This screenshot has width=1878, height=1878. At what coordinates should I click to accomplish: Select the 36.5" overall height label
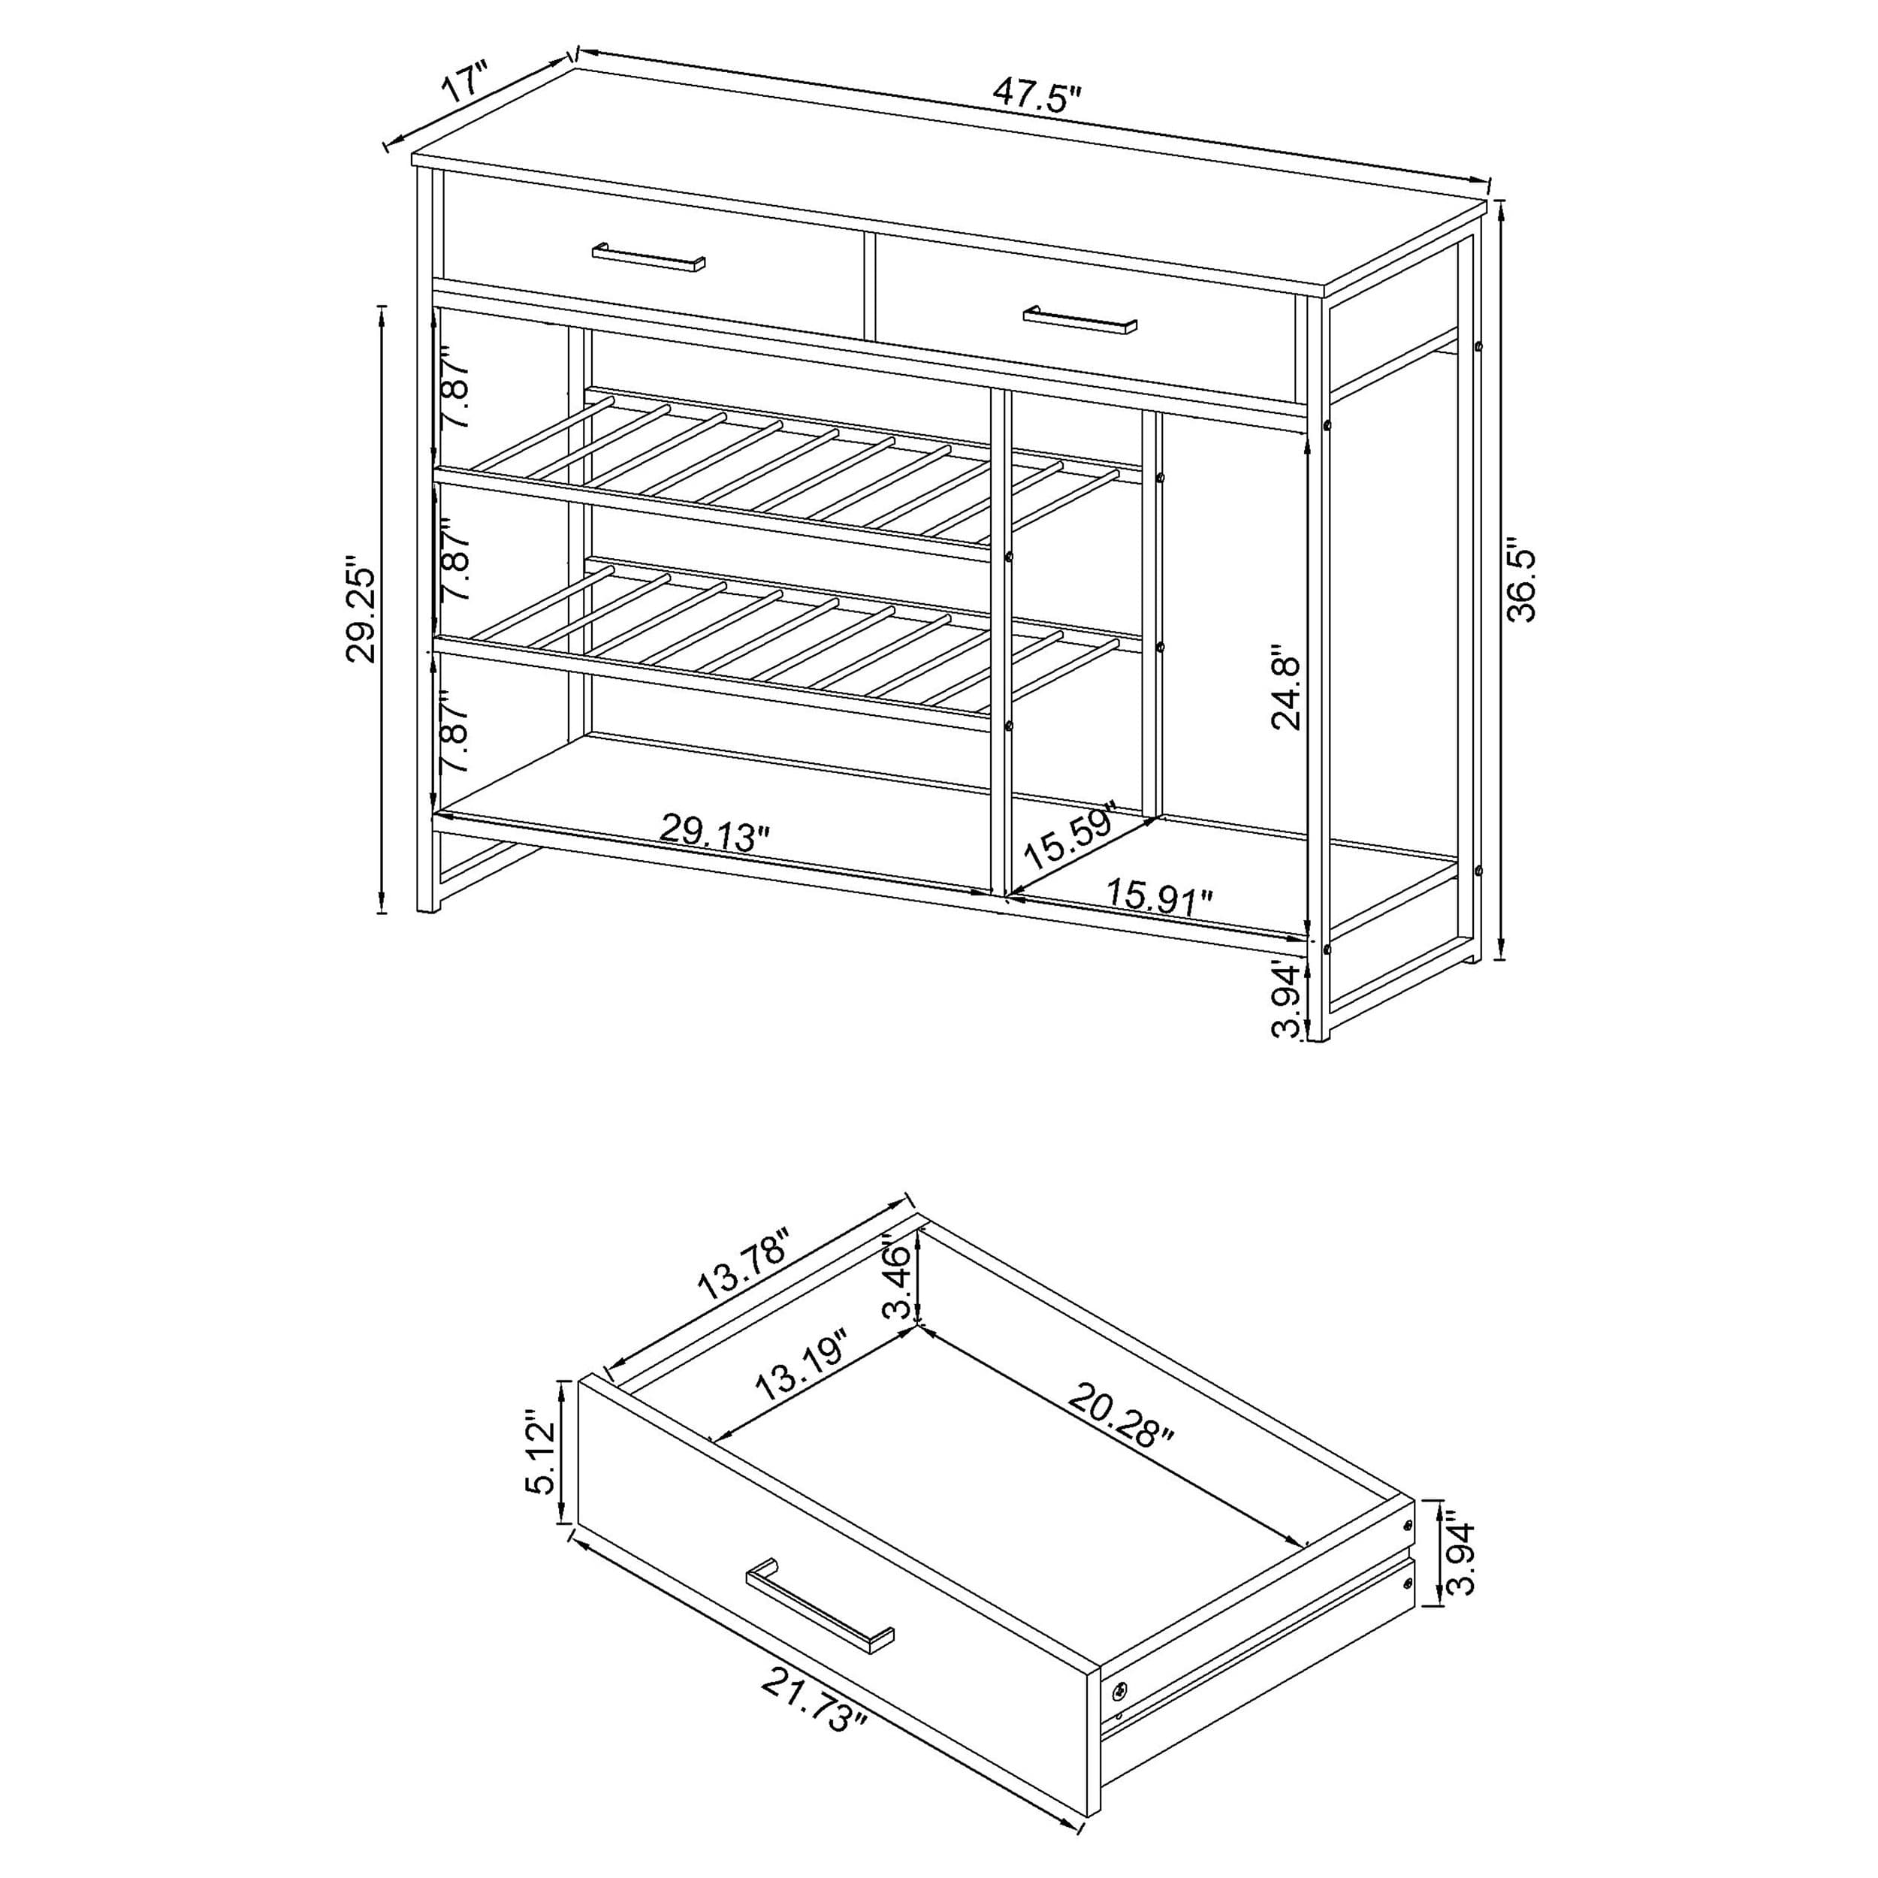point(1520,583)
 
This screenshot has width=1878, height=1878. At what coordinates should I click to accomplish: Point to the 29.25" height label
point(361,609)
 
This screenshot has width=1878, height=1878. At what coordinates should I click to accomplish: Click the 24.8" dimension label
point(1285,691)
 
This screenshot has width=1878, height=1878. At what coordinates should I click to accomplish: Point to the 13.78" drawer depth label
point(744,1264)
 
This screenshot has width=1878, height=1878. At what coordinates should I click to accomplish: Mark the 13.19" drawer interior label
point(803,1365)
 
